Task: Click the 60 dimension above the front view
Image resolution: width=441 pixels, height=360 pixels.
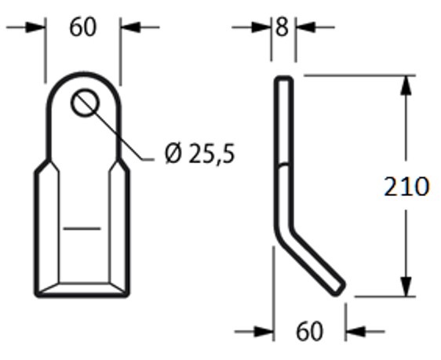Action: click(82, 27)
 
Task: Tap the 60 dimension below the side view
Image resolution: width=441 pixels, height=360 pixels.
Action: click(309, 331)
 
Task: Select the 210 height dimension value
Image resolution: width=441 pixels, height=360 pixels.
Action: click(406, 187)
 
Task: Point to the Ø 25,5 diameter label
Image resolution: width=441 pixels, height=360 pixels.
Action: click(199, 155)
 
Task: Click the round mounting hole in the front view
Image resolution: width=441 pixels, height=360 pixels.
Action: click(83, 103)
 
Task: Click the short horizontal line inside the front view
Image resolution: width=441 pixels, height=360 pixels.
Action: click(82, 228)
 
